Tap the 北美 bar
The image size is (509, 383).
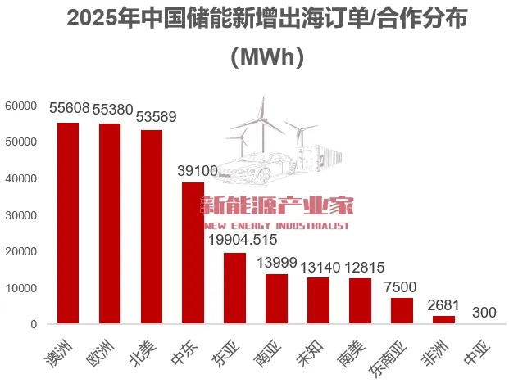point(152,227)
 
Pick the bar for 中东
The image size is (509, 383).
point(193,253)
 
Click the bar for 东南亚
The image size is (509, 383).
point(402,311)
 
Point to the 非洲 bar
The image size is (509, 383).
point(443,320)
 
